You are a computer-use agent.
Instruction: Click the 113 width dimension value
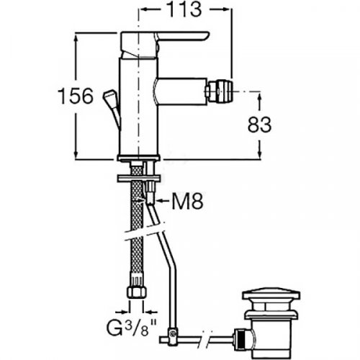coord(184,9)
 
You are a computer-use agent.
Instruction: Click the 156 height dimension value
coord(76,96)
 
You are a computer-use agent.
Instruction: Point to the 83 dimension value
coord(259,125)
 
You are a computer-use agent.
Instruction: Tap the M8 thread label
coord(188,201)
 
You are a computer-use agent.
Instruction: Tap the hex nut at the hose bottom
coord(137,292)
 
